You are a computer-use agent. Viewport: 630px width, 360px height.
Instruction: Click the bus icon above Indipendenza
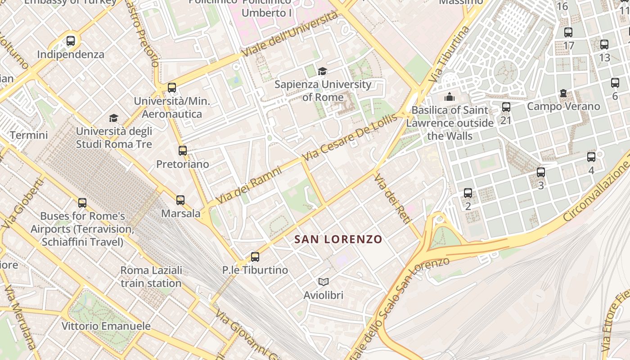coord(71,41)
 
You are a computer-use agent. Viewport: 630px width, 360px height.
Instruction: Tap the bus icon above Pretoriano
coord(182,151)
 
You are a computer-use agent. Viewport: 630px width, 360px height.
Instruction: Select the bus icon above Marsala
coord(180,200)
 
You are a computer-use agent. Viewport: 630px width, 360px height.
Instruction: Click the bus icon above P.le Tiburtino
coord(255,257)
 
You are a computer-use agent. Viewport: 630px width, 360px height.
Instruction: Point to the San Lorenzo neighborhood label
coord(338,239)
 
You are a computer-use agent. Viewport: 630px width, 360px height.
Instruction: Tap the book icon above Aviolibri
coord(323,282)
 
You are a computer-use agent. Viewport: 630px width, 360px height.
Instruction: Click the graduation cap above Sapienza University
coord(322,71)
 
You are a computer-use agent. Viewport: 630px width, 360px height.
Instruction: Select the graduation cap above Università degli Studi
coord(113,118)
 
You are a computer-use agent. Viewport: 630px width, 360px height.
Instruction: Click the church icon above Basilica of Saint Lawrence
coord(449,97)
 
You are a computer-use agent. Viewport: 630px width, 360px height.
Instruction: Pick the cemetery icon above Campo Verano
coord(563,94)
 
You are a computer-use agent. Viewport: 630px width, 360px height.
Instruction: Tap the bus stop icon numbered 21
coord(506,107)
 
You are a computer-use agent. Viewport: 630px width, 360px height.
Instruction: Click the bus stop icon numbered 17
coord(568,32)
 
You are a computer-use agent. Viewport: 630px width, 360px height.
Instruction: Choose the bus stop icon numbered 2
coord(468,193)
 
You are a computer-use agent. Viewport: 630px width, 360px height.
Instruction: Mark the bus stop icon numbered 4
coord(591,157)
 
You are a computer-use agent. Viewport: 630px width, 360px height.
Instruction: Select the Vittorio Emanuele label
coord(106,326)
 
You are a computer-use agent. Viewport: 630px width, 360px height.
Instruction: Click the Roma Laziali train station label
coord(151,277)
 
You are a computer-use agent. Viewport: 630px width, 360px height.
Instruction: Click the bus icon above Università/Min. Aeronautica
coord(172,88)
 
